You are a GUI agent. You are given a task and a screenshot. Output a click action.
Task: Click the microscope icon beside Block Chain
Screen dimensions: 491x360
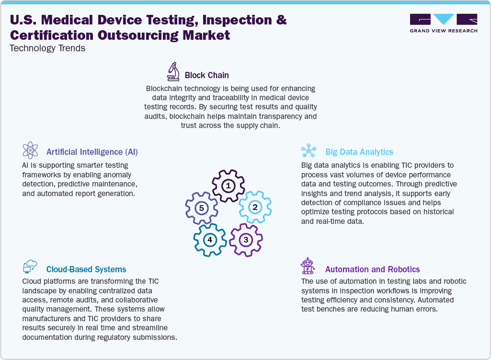[173, 71]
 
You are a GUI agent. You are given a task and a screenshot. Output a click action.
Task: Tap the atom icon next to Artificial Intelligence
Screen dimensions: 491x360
[30, 150]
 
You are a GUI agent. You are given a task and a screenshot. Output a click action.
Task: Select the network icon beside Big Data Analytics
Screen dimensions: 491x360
[308, 151]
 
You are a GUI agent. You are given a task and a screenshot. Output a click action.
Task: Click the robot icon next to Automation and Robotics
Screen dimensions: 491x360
[308, 266]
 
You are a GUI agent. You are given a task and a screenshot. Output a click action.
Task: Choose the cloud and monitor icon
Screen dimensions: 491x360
[30, 267]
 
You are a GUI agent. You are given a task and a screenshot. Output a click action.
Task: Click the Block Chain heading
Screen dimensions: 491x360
[206, 75]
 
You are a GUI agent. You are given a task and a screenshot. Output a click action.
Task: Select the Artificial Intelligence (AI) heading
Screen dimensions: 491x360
[92, 152]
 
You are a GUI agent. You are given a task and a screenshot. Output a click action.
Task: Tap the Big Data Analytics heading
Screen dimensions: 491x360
[359, 152]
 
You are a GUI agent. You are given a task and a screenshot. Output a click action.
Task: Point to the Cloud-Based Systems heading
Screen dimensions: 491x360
[86, 269]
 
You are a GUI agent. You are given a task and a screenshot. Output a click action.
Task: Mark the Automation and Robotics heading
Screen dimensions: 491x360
[372, 269]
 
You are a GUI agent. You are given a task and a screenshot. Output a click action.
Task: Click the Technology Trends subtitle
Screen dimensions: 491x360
[47, 48]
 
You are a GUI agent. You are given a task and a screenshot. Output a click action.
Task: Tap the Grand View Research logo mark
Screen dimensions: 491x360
[444, 20]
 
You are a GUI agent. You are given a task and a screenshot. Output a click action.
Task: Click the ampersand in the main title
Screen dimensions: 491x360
[281, 20]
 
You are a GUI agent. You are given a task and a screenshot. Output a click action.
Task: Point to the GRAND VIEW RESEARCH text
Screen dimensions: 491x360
[444, 31]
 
